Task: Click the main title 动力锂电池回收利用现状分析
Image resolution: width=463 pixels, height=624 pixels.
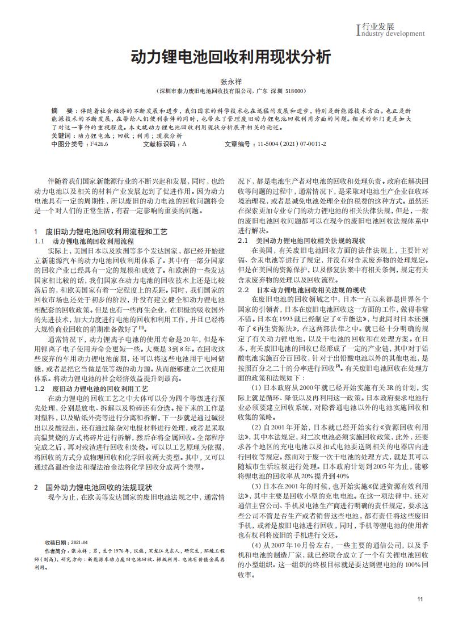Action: pos(231,57)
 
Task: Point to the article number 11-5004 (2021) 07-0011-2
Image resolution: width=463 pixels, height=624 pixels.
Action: pos(292,144)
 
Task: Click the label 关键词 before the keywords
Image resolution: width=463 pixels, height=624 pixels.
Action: pos(61,137)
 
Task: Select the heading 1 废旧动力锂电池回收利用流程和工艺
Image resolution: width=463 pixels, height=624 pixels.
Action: pos(101,232)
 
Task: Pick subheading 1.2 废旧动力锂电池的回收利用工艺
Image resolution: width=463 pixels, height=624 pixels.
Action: pos(91,389)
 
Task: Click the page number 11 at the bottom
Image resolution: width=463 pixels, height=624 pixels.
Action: pos(420,600)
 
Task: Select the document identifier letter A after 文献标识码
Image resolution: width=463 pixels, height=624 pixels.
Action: pos(184,144)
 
